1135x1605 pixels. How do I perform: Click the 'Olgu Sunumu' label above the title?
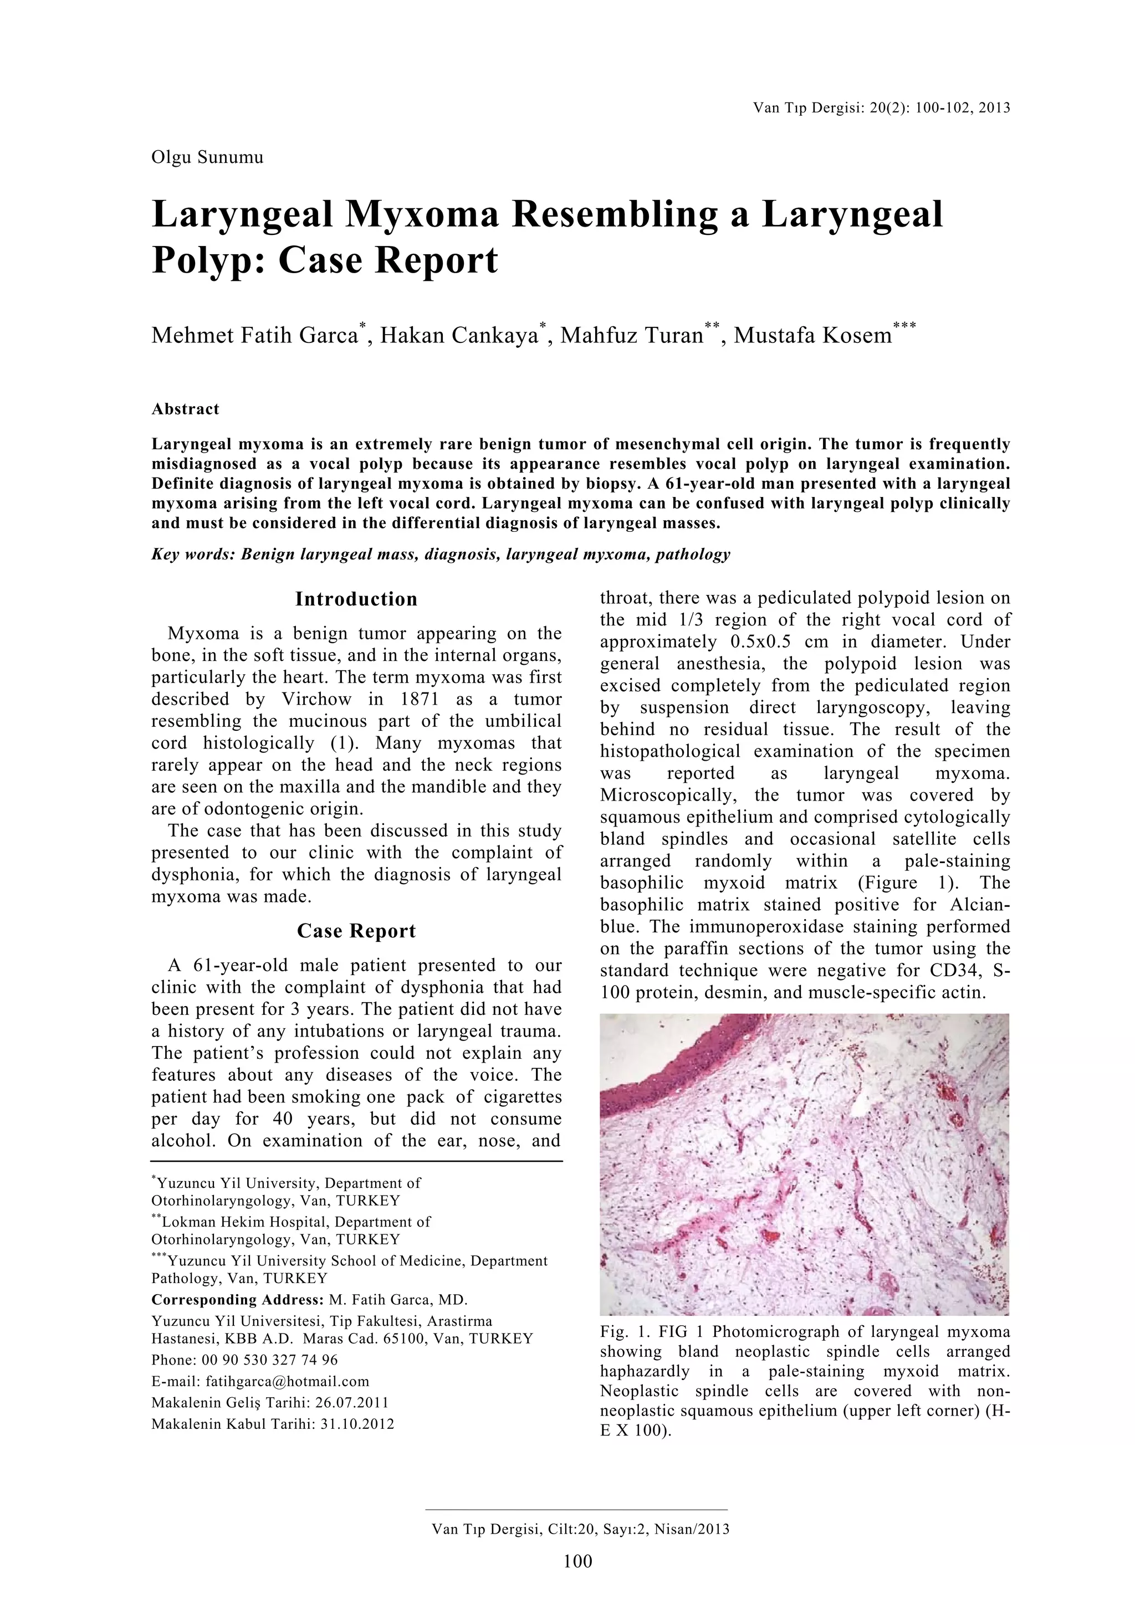coord(207,157)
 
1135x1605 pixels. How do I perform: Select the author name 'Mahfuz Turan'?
coord(631,336)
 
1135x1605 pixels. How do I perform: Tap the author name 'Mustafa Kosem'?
coord(812,336)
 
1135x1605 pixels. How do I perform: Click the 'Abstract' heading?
coord(185,409)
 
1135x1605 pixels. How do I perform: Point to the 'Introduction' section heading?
coord(356,599)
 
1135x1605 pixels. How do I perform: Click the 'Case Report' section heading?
coord(356,931)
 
